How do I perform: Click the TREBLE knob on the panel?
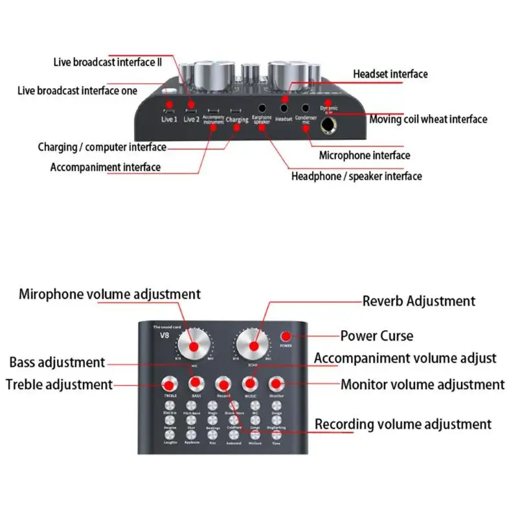[x=171, y=383]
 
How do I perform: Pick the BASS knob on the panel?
[x=195, y=383]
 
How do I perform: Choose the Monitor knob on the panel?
[x=277, y=383]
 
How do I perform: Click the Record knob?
[x=223, y=383]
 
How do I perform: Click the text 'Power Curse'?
[x=376, y=336]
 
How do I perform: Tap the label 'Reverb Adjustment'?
[x=418, y=301]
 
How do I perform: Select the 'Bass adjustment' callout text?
[x=57, y=362]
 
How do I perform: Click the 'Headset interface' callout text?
[x=390, y=74]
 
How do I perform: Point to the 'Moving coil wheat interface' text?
[x=428, y=119]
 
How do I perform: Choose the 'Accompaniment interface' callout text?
[x=106, y=167]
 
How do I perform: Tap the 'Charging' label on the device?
[x=236, y=120]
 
